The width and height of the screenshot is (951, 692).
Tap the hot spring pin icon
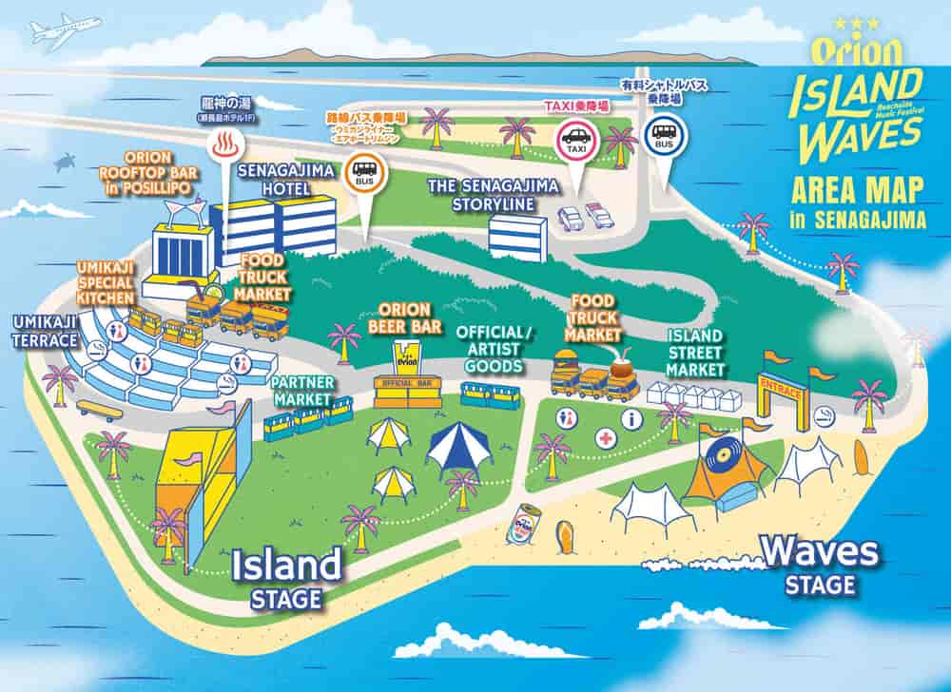[226, 146]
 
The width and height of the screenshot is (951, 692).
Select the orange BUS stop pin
[363, 172]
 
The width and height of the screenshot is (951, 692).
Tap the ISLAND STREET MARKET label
[696, 353]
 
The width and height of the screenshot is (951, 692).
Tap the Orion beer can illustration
[526, 526]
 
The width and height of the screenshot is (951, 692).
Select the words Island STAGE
[286, 577]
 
